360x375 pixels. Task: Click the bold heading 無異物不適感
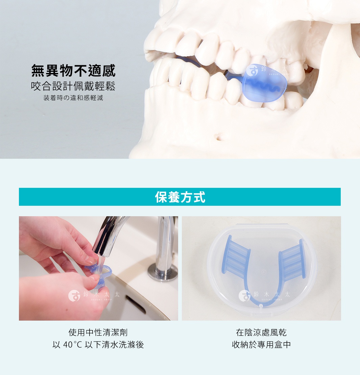[73, 71]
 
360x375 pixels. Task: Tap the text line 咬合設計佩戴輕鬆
[73, 86]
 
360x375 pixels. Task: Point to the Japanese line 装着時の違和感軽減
[73, 98]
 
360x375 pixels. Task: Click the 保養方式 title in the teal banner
[180, 197]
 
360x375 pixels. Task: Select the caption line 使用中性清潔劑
[98, 332]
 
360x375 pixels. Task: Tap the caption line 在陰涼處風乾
[261, 332]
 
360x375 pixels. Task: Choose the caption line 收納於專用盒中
[261, 345]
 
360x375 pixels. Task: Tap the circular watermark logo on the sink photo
[74, 296]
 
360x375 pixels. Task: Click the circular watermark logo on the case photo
[244, 296]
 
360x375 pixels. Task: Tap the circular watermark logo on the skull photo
[252, 70]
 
